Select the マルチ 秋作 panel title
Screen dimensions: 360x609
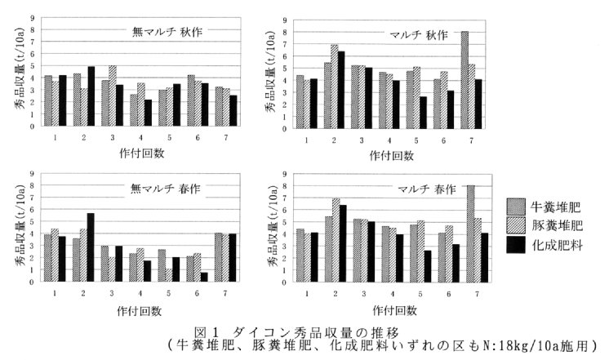tap(419, 35)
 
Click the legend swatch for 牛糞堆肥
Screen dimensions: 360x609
tap(514, 207)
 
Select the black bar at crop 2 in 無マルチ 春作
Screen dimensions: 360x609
tap(91, 247)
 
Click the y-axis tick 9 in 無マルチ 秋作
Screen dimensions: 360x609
tap(32, 17)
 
